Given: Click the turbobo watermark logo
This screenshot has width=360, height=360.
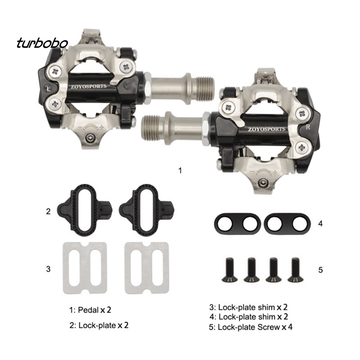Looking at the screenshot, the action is coord(42,43).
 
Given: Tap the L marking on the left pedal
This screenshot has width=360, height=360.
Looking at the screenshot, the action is coord(49,89).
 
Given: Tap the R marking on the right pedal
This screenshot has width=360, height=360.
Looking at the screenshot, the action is coord(308,127).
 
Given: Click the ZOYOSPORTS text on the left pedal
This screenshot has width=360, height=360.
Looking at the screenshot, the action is coord(88,86).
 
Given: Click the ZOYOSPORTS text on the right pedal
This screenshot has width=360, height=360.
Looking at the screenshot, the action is coord(266,129).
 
